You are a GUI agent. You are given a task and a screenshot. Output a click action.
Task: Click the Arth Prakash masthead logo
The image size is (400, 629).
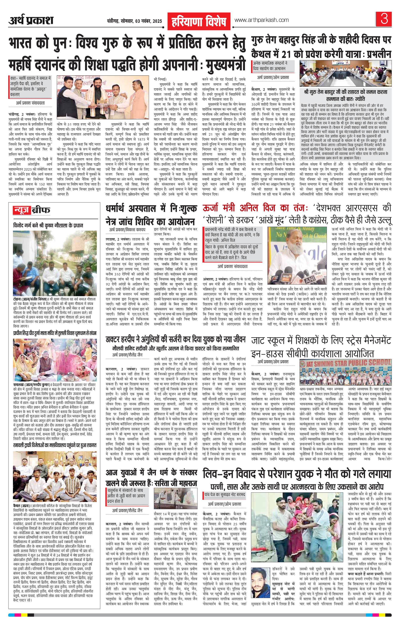[31, 20]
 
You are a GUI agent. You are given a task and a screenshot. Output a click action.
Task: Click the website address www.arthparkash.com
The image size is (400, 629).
[262, 20]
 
